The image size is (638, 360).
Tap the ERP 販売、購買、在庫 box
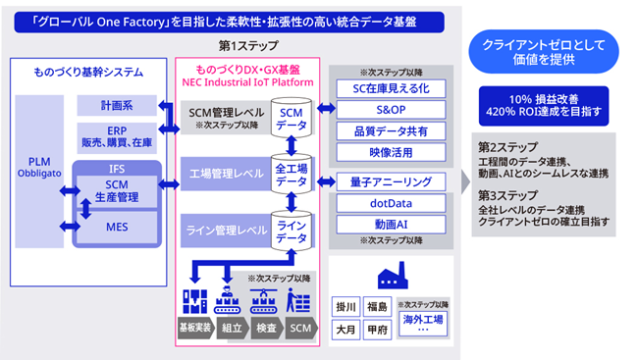tap(117, 136)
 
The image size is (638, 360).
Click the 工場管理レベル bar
tap(225, 174)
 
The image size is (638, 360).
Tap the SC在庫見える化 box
tap(391, 89)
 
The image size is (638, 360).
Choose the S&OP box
tap(391, 111)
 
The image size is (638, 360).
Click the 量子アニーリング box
tap(391, 181)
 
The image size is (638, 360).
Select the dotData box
tap(391, 203)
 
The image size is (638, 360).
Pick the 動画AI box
tap(391, 225)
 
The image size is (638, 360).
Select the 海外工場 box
tap(423, 321)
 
